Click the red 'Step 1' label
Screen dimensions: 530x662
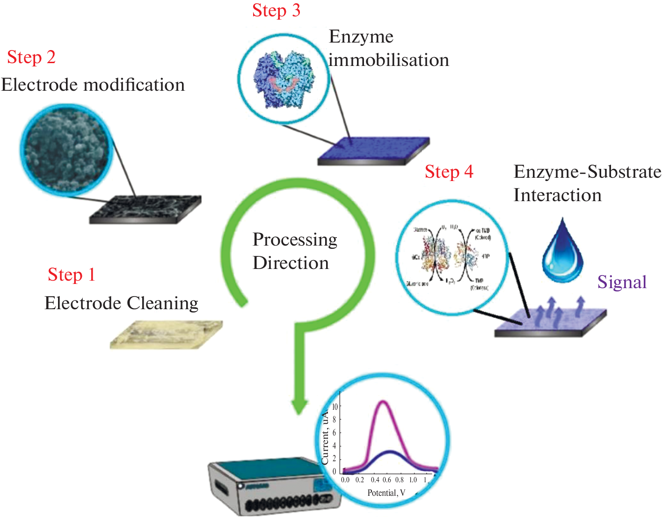[72, 275]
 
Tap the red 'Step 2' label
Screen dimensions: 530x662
[31, 58]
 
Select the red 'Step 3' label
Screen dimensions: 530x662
[276, 11]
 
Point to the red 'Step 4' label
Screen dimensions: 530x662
[449, 172]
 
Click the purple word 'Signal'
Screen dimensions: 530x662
[622, 282]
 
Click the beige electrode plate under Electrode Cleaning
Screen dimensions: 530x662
[166, 334]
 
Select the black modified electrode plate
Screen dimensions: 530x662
[145, 209]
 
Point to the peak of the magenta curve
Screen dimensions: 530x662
[384, 401]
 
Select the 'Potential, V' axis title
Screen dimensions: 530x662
[386, 493]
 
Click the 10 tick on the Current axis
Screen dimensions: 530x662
[335, 407]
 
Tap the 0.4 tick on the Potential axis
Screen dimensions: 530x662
[375, 480]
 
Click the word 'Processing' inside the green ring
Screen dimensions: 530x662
[295, 240]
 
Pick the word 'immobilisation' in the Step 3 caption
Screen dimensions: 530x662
[389, 60]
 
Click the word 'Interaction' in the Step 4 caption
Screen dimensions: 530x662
[557, 196]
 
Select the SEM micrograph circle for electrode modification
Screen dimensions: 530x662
[65, 150]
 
